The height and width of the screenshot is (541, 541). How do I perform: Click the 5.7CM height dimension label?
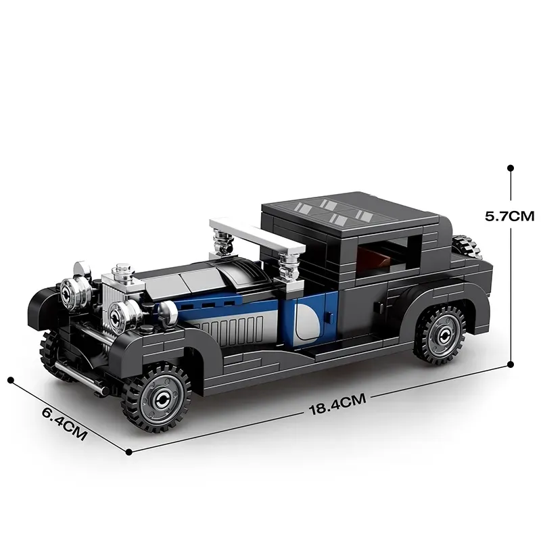[x=509, y=216]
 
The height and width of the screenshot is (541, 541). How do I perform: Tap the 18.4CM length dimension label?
[x=337, y=404]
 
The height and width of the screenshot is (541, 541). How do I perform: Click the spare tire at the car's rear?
[x=465, y=246]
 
